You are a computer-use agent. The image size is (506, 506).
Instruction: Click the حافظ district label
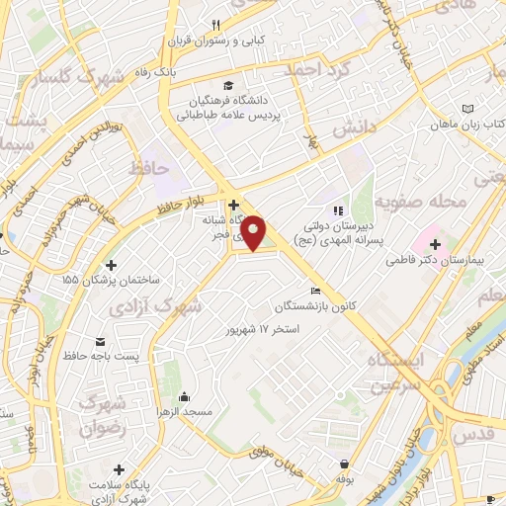pyautogui.click(x=149, y=169)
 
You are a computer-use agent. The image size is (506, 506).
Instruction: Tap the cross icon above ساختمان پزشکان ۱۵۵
pyautogui.click(x=111, y=265)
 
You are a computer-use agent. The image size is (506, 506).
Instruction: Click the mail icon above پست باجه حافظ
pyautogui.click(x=99, y=341)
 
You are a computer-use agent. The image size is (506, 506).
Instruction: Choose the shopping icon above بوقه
pyautogui.click(x=344, y=464)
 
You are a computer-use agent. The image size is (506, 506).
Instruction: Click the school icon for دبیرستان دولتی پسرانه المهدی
pyautogui.click(x=338, y=211)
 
